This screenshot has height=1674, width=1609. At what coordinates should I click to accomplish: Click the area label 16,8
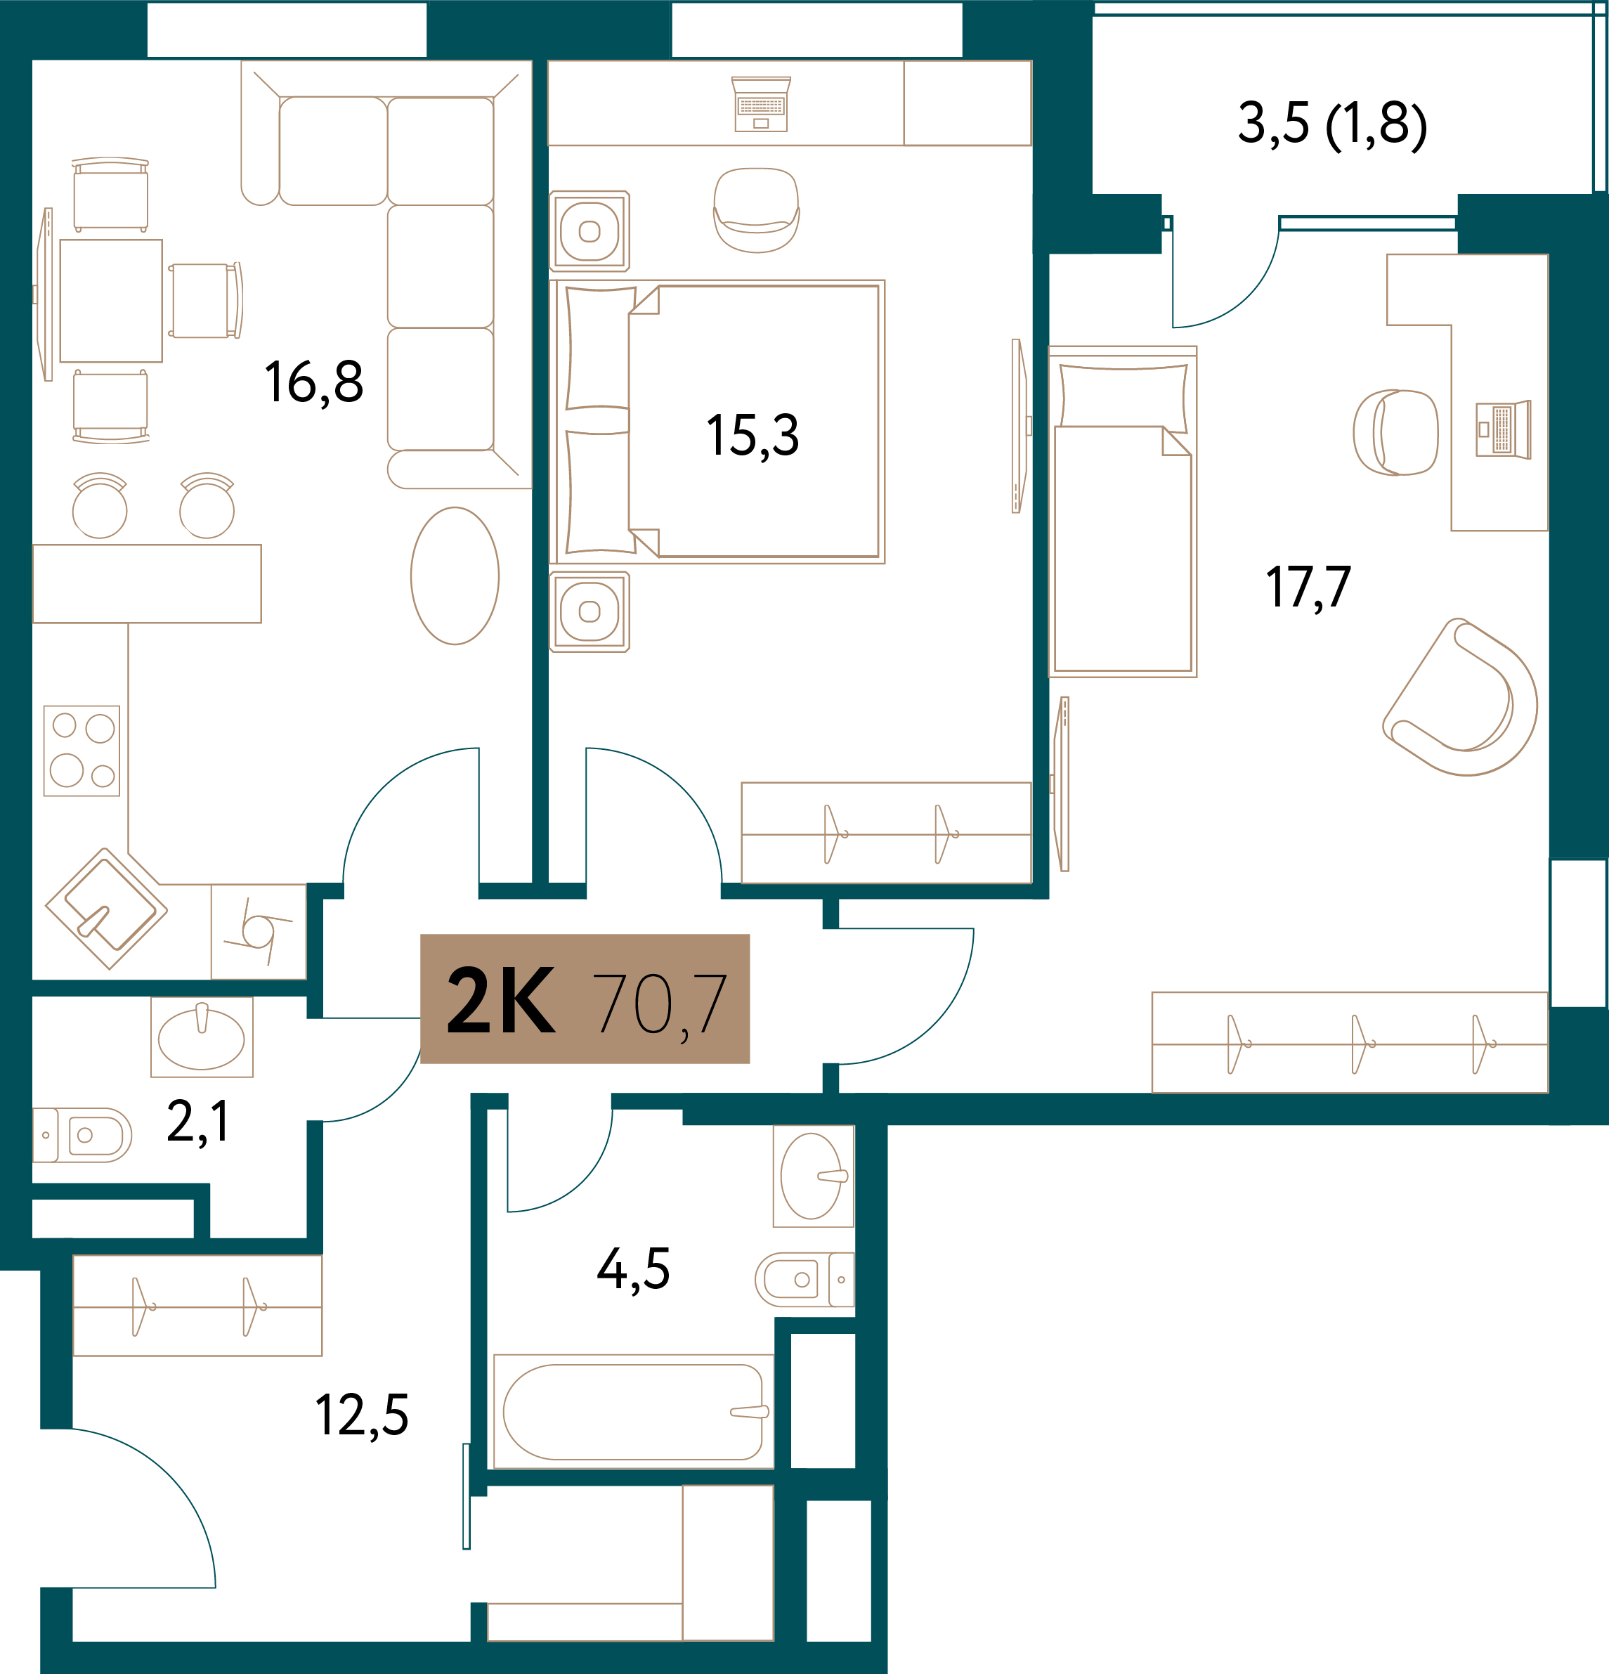pos(313,382)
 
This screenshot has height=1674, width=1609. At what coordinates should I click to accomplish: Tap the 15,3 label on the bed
pos(753,436)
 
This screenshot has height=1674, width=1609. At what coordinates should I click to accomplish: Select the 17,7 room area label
pos(1308,588)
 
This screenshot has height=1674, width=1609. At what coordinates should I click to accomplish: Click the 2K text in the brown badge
pos(501,999)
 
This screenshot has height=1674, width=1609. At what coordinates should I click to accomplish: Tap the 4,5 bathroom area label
pos(633,1269)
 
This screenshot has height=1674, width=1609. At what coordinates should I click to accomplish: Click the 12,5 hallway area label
pos(362,1416)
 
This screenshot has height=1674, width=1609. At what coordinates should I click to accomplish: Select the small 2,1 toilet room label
pos(198,1122)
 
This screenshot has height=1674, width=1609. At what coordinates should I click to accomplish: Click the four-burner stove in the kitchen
pos(82,751)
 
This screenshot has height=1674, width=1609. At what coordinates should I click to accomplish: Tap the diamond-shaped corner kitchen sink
pos(107,909)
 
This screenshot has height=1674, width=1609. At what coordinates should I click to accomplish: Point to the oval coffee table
pos(455,576)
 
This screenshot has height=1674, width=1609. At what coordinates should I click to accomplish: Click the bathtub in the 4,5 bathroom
pos(634,1412)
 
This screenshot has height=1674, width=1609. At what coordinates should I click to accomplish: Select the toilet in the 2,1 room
pos(82,1135)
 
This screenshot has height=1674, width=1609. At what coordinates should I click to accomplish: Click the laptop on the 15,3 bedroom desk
pos(761,104)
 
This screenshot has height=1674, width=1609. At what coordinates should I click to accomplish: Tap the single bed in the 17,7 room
pos(1122,512)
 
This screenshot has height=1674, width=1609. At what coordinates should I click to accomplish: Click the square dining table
pos(111,301)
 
